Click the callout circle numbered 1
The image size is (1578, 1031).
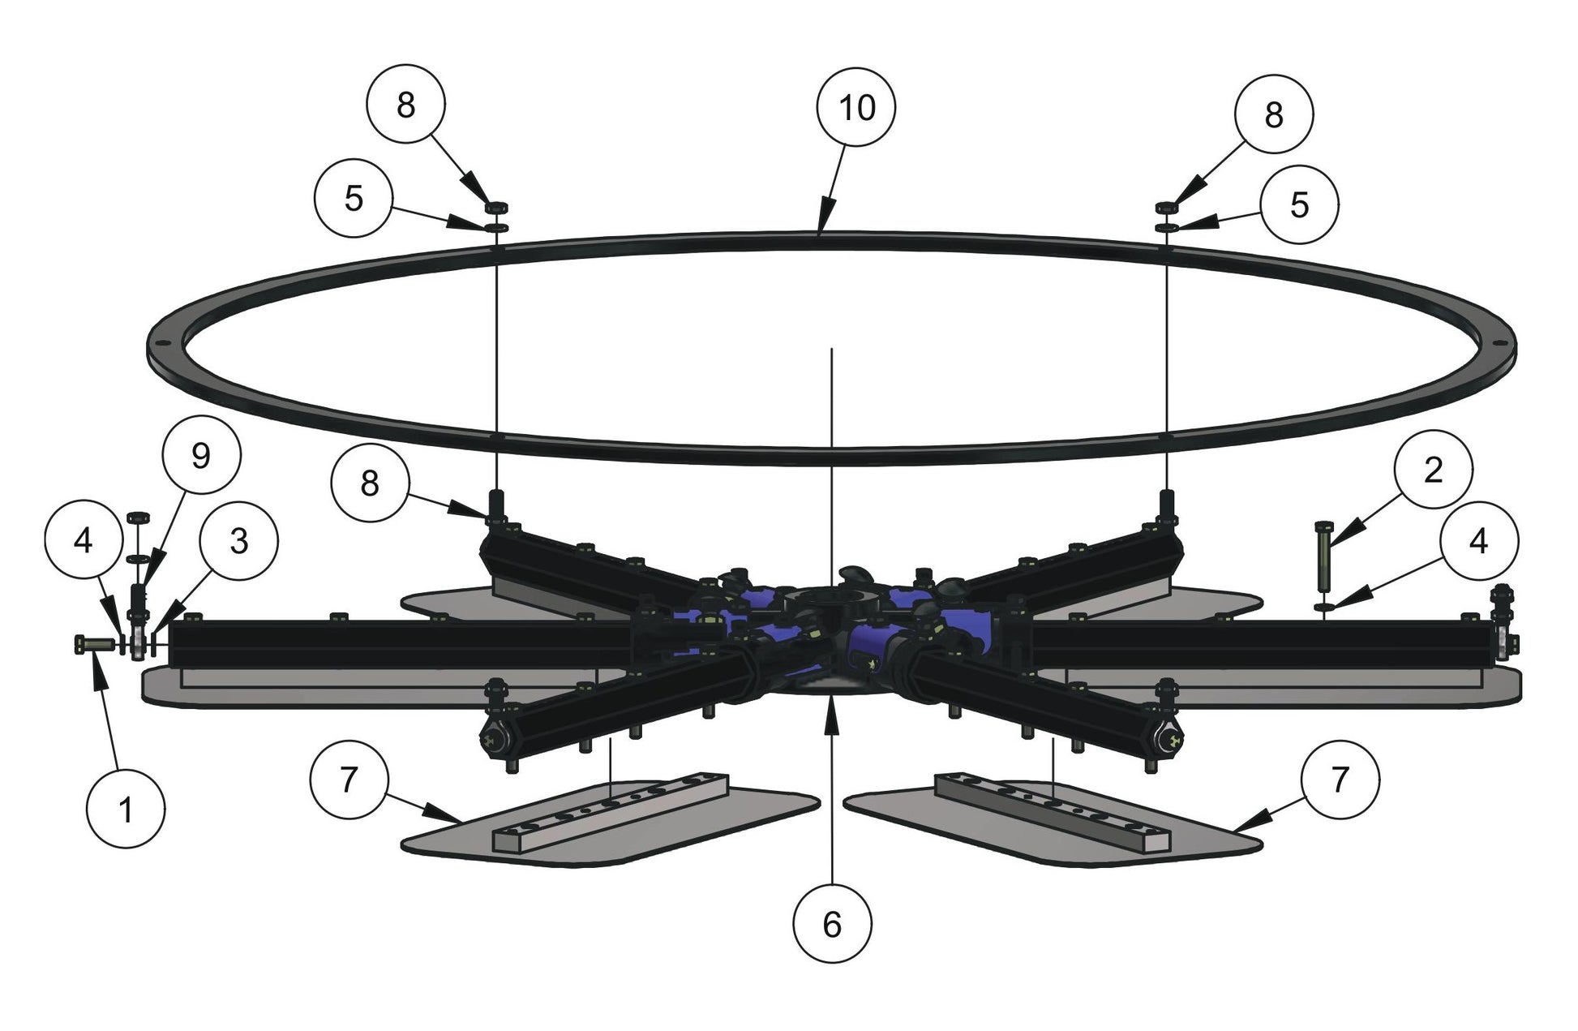click(x=126, y=810)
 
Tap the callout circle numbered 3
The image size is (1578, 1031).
click(x=238, y=541)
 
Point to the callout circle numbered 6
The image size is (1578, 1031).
click(x=832, y=924)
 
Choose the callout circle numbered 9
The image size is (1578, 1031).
click(x=200, y=456)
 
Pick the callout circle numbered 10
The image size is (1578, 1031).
click(x=856, y=107)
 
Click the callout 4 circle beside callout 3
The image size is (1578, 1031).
click(x=84, y=541)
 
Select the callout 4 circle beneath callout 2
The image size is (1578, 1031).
click(x=1478, y=541)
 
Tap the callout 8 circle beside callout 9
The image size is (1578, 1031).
click(x=370, y=483)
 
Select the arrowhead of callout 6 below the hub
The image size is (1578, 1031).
click(x=830, y=702)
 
